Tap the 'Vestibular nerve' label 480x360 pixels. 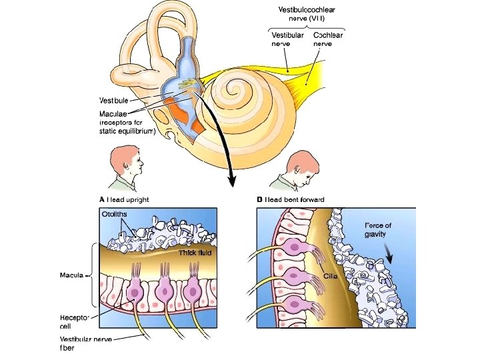click(x=287, y=39)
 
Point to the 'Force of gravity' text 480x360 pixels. click(x=378, y=230)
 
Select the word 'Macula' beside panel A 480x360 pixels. click(x=71, y=275)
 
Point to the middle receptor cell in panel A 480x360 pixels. click(x=164, y=291)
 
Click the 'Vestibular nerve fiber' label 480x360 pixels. click(x=85, y=343)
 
